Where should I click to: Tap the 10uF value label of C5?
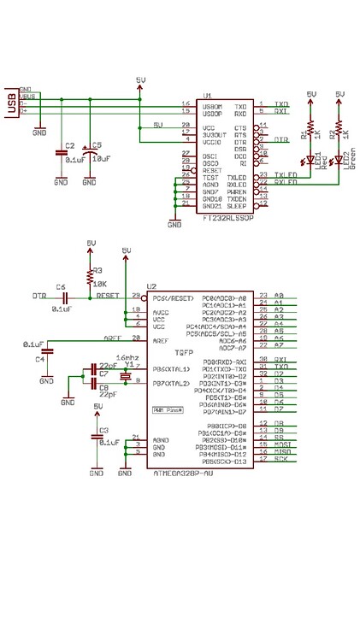(100, 159)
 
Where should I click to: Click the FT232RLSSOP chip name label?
(228, 218)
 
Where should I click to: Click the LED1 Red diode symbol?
(310, 160)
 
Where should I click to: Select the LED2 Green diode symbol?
(339, 160)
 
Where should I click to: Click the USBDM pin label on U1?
(212, 104)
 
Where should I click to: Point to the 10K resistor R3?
(91, 276)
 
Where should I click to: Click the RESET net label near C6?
(108, 296)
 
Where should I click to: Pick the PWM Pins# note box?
(169, 410)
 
